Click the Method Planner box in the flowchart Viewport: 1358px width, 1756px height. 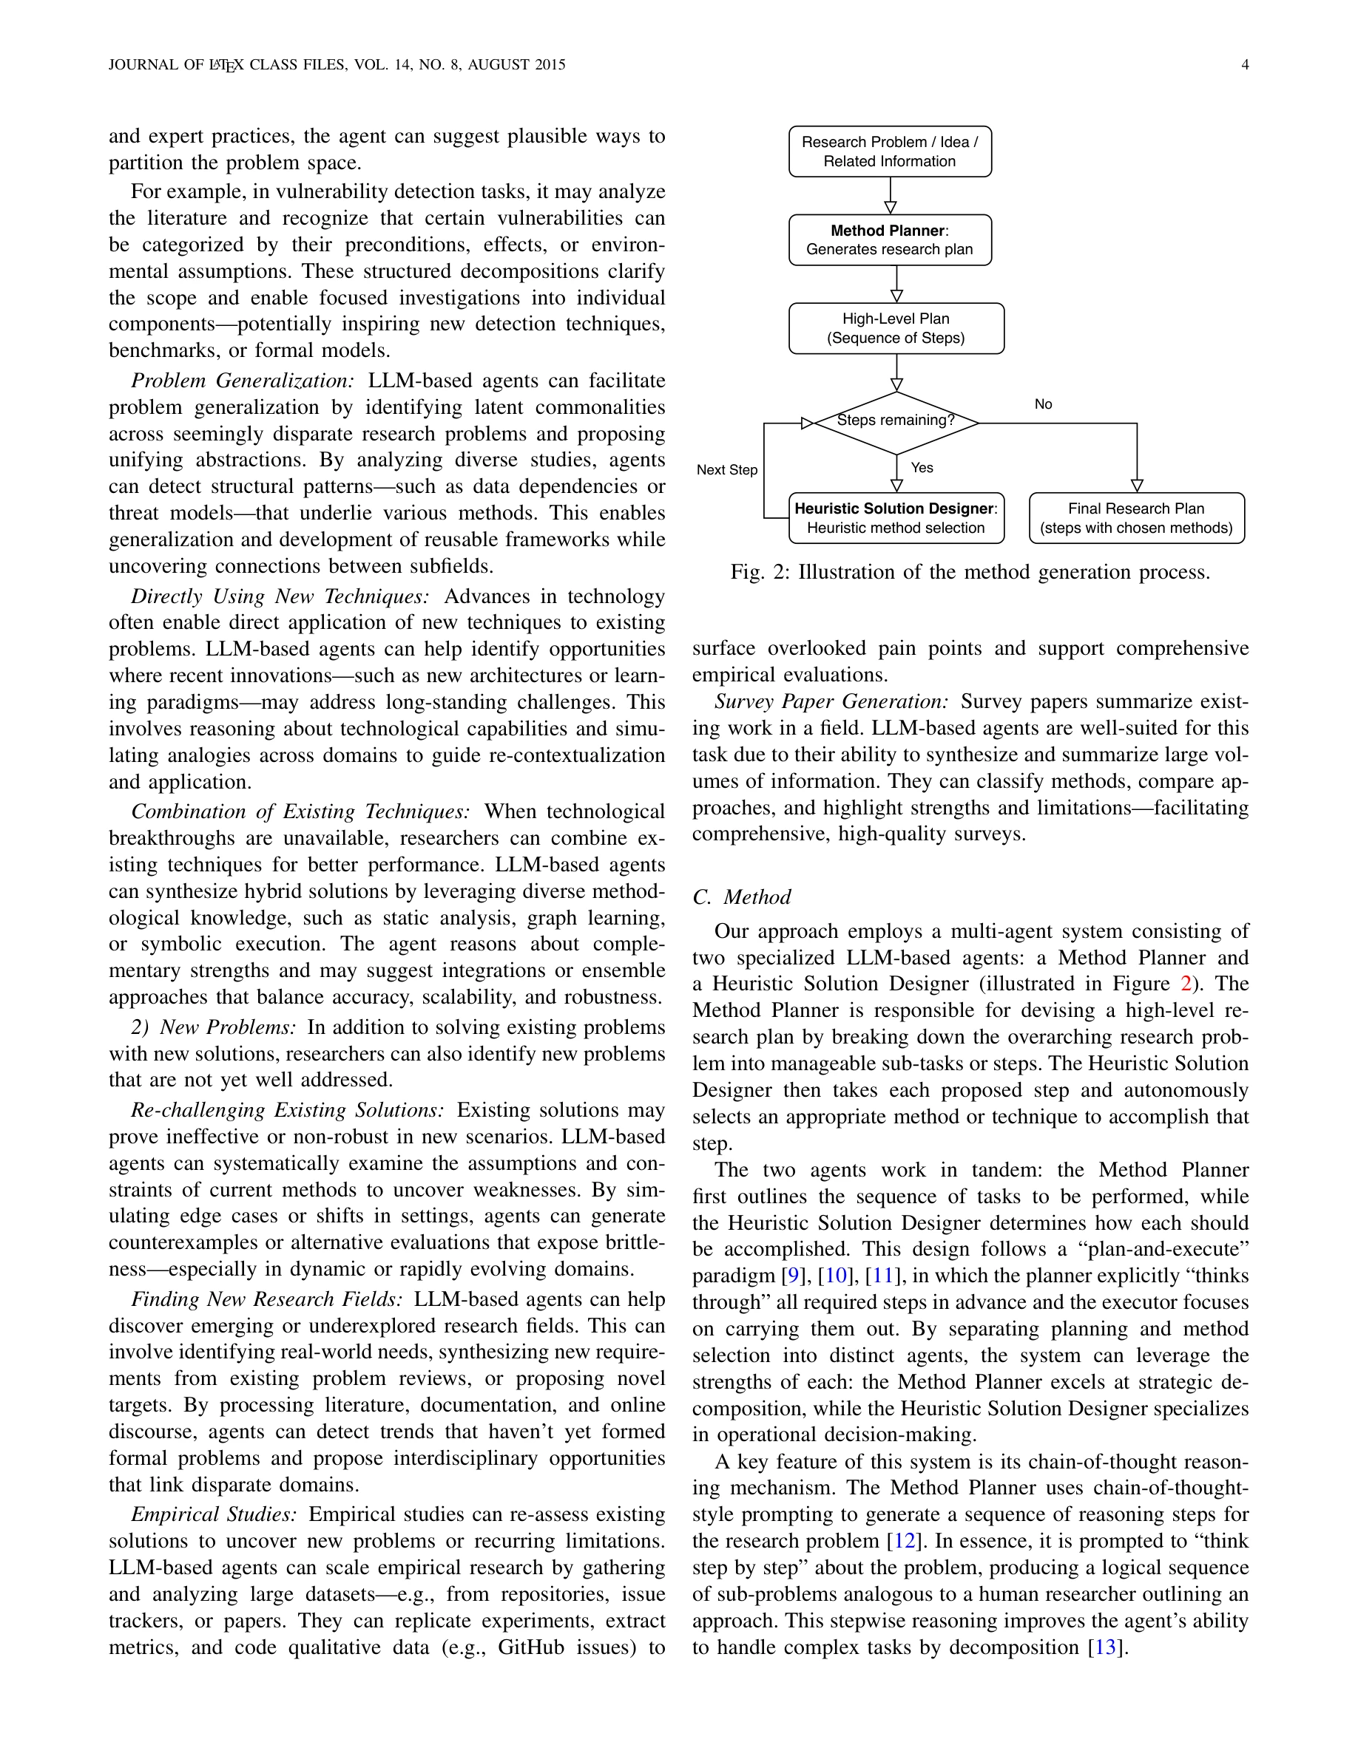coord(890,239)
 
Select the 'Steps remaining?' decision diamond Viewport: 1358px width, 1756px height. coord(896,421)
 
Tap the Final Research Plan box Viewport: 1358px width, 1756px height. coord(1136,518)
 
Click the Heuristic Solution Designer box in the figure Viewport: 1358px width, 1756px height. coord(896,518)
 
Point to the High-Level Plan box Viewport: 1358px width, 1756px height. coord(896,328)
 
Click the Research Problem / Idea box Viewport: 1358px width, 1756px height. coord(890,152)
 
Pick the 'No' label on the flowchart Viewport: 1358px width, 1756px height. coord(1043,404)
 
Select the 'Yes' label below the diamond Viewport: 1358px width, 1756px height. coord(922,467)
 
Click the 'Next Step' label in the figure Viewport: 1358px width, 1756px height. coord(726,469)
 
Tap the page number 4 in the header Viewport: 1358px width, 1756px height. coord(1245,64)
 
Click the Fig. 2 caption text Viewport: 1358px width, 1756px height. coord(970,572)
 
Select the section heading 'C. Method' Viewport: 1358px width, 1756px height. coord(741,896)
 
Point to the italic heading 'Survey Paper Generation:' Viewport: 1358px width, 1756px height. coord(831,701)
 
